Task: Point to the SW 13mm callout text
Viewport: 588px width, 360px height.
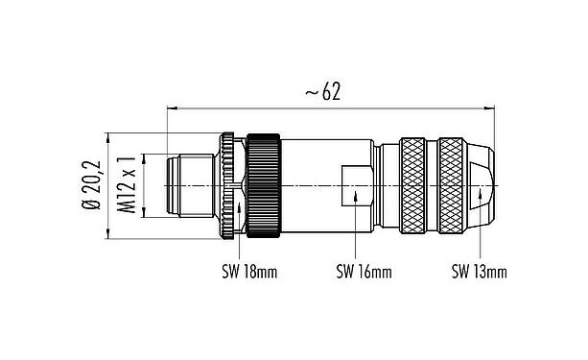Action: point(479,273)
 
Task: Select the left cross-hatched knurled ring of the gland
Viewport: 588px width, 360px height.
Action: point(414,183)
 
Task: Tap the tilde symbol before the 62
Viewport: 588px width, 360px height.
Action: point(311,92)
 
